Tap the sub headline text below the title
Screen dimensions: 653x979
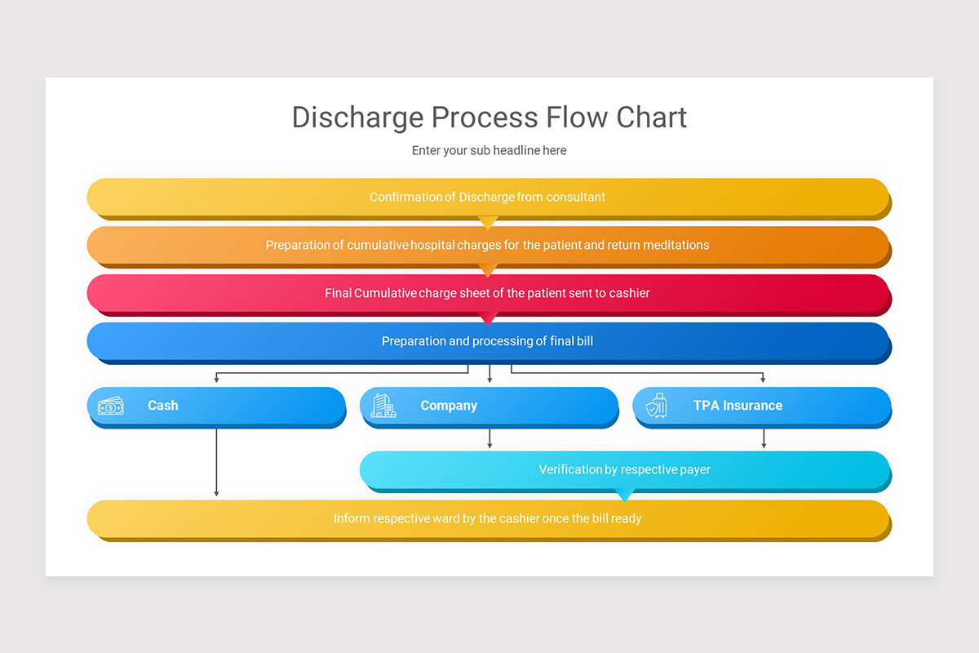pyautogui.click(x=489, y=150)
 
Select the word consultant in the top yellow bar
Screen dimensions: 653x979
pyautogui.click(x=576, y=197)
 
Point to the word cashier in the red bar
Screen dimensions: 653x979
pyautogui.click(x=629, y=293)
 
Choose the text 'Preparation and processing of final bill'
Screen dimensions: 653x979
pyautogui.click(x=487, y=341)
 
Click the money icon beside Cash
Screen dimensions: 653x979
pyautogui.click(x=111, y=406)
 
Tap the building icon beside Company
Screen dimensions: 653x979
pyautogui.click(x=383, y=406)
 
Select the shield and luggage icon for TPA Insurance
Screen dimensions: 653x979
pyautogui.click(x=656, y=406)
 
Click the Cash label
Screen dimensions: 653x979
pyautogui.click(x=163, y=406)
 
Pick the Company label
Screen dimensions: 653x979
pyautogui.click(x=449, y=406)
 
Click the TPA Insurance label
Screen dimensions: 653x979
pyautogui.click(x=738, y=406)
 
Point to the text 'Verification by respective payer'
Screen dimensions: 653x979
pyautogui.click(x=624, y=470)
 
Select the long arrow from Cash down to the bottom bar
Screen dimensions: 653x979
pyautogui.click(x=216, y=462)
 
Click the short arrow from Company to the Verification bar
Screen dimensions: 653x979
pyautogui.click(x=489, y=438)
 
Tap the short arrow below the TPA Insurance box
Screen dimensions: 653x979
pyautogui.click(x=764, y=438)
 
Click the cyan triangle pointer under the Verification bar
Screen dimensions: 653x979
pyautogui.click(x=624, y=495)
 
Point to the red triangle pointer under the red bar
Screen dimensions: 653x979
pyautogui.click(x=488, y=318)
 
